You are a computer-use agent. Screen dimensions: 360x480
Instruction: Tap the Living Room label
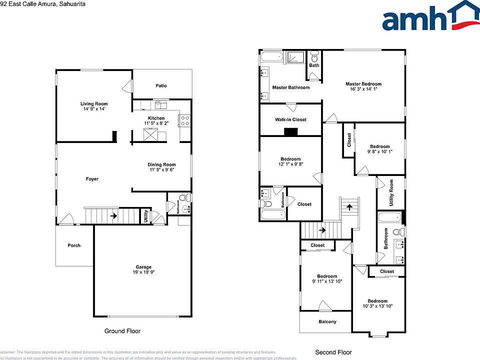coord(94,104)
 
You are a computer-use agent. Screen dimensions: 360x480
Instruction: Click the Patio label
coord(161,85)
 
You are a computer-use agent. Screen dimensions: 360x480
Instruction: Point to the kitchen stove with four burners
coord(184,120)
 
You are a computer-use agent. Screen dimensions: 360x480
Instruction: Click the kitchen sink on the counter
coord(160,104)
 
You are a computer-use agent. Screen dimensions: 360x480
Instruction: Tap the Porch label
coord(74,245)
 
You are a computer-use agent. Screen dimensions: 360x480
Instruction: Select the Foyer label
coord(92,179)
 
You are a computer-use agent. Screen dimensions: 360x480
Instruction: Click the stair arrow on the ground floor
coord(114,216)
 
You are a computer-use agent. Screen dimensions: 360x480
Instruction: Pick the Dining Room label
coord(161,164)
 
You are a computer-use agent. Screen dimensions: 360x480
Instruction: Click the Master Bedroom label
coord(363,84)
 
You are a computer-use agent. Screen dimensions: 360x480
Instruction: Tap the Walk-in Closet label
coord(290,119)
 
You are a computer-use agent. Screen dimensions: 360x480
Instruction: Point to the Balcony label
coord(327,321)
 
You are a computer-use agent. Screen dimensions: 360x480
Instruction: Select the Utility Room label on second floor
coord(391,192)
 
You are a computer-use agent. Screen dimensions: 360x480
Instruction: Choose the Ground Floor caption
coord(122,331)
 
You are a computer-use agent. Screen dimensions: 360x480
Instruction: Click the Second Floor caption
coord(333,352)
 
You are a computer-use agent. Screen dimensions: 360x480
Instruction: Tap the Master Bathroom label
coord(290,87)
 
